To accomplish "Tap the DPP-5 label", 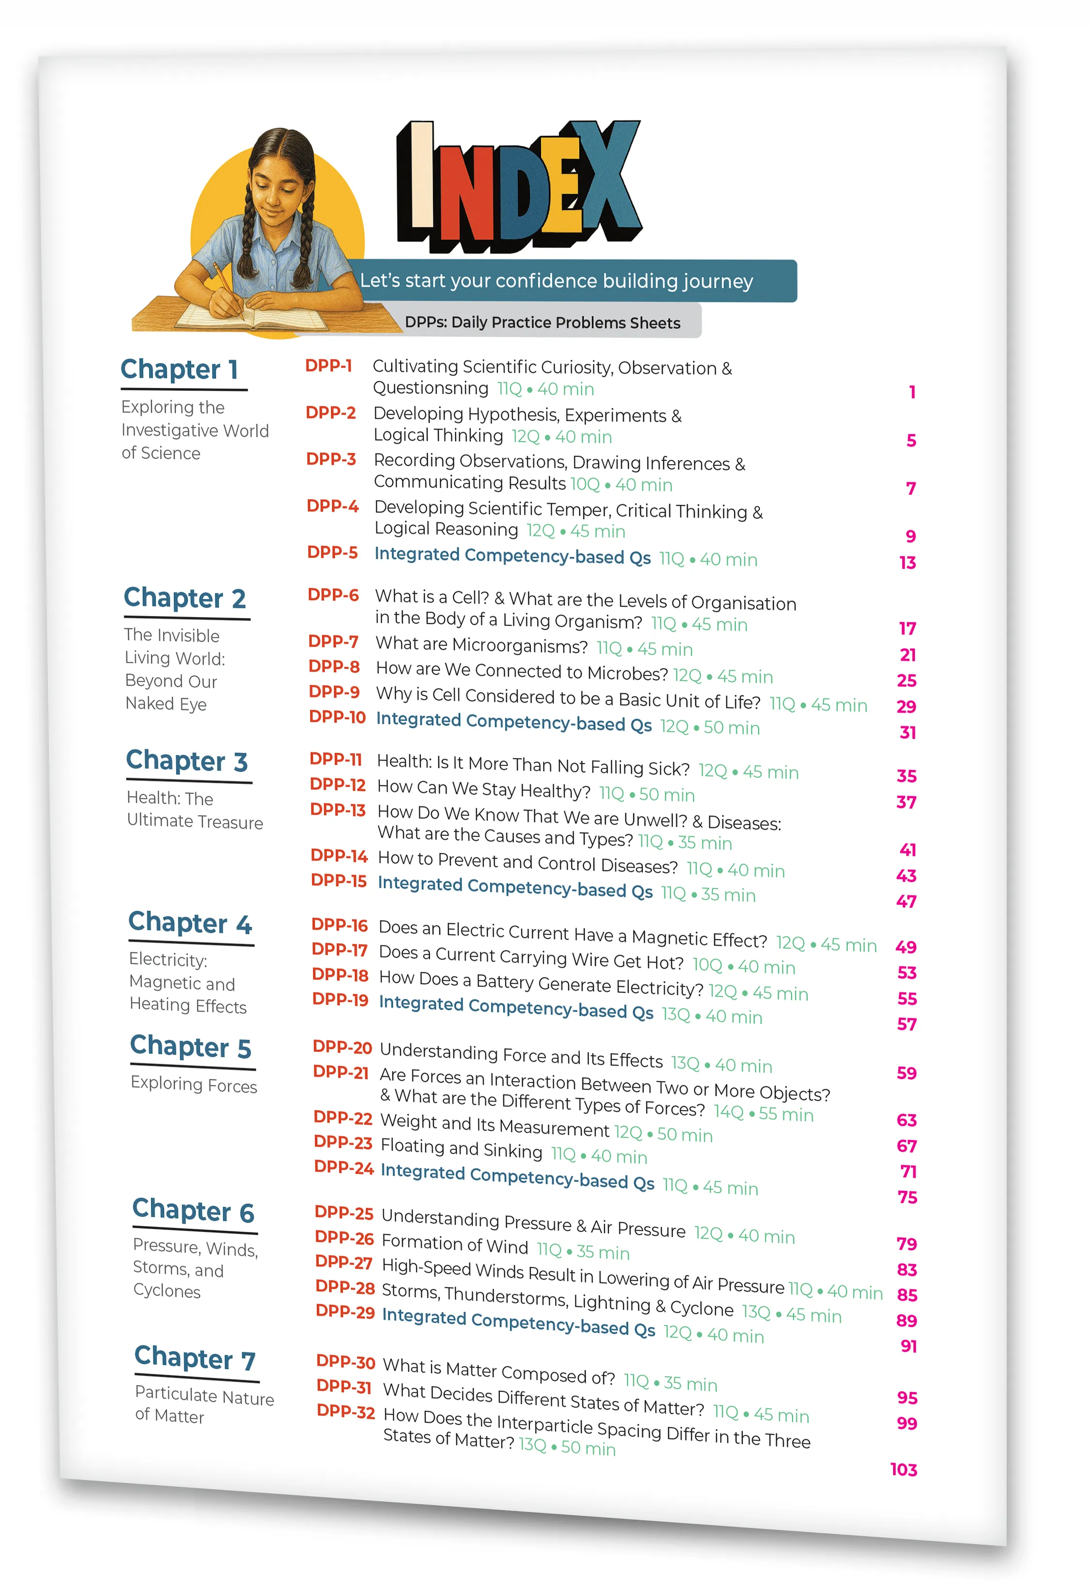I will tap(332, 552).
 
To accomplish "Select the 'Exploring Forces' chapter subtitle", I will tap(194, 1084).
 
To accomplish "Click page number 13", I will tap(907, 562).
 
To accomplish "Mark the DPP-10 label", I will tap(337, 716).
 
